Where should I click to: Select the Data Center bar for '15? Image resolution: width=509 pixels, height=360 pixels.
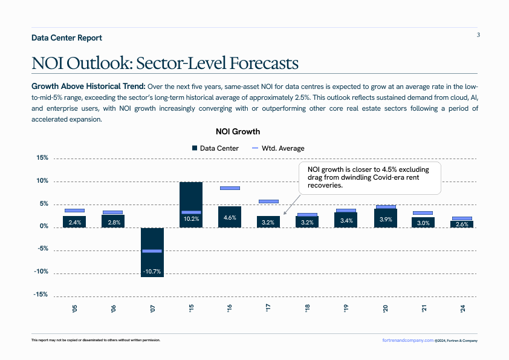tap(191, 204)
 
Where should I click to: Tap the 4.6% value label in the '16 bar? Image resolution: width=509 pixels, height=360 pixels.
tap(230, 218)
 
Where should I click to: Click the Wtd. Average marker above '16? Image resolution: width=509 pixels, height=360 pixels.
tap(230, 188)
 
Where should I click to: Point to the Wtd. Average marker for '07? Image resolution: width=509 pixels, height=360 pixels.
tap(152, 250)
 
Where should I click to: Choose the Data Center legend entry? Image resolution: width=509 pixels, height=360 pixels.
tap(215, 148)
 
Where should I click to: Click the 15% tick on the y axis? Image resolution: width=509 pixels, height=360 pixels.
tap(42, 158)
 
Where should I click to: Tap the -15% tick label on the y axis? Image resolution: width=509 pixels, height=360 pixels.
tap(41, 295)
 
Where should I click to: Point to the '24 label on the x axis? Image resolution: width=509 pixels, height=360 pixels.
tap(462, 309)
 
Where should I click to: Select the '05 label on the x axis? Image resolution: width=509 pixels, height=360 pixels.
tap(74, 309)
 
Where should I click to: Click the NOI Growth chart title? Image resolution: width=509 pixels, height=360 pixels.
tap(238, 131)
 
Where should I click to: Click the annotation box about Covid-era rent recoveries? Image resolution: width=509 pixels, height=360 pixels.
tap(371, 177)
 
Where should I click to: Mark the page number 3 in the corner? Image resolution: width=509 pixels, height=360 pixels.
tap(478, 34)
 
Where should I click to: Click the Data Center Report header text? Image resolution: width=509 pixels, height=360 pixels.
tap(66, 38)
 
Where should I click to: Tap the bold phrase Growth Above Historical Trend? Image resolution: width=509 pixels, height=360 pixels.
tap(88, 86)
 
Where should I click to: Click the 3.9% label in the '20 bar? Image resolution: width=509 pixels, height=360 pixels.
tap(385, 220)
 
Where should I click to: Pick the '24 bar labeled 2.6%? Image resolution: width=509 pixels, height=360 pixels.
tap(462, 224)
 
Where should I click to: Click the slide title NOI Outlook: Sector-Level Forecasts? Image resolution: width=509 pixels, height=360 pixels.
tap(165, 63)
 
